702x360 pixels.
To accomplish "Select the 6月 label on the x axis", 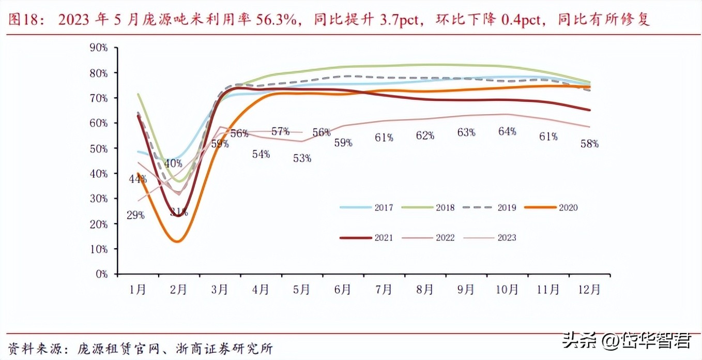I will (343, 290).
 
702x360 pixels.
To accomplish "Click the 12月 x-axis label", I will (589, 290).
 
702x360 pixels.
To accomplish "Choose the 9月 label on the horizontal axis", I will (466, 290).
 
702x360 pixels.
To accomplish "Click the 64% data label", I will (507, 131).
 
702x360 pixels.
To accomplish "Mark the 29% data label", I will (135, 215).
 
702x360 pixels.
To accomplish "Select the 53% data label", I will (302, 158).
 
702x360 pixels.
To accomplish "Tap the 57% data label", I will (280, 131).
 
